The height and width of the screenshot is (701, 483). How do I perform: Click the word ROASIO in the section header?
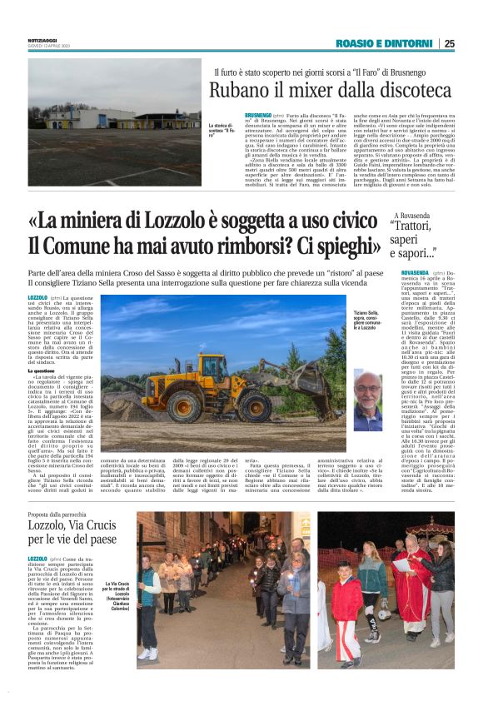tap(356, 44)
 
